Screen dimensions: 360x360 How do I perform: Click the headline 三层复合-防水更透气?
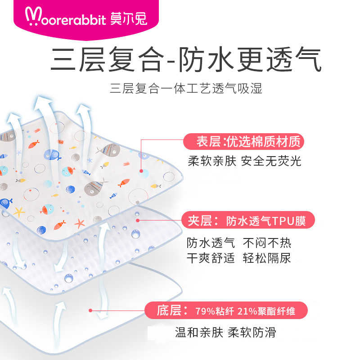pyautogui.click(x=186, y=61)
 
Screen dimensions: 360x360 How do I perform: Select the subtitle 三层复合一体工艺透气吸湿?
pyautogui.click(x=186, y=88)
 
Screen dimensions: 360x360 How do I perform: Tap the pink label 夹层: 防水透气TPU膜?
pyautogui.click(x=248, y=221)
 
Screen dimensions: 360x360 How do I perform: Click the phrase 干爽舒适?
pyautogui.click(x=211, y=258)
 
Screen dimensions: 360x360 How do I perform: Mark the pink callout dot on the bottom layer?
pyautogui.click(x=91, y=310)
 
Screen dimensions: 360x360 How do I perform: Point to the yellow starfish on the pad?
pyautogui.click(x=19, y=211)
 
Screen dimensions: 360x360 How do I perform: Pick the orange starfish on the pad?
pyautogui.click(x=80, y=223)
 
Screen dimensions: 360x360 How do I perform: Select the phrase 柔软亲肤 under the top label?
pyautogui.click(x=212, y=161)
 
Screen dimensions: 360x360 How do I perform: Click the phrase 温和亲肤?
pyautogui.click(x=199, y=333)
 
